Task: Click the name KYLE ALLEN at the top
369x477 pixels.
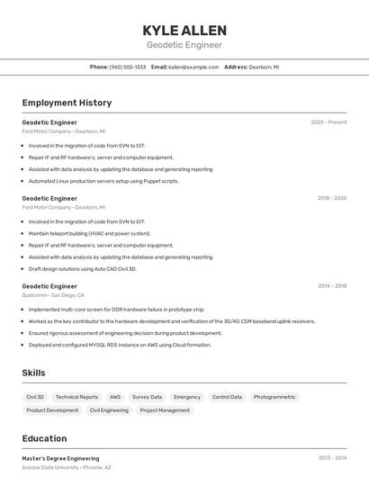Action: [184, 31]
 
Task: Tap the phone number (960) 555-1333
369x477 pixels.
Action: [128, 67]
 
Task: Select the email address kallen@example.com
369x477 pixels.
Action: [193, 67]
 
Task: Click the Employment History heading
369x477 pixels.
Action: [67, 103]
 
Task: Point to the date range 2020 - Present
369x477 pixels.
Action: [328, 122]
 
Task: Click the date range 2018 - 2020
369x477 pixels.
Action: [331, 198]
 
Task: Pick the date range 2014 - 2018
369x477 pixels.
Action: [332, 286]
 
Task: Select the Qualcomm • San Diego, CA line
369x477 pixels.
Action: [53, 295]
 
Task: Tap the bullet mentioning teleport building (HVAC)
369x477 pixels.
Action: [89, 233]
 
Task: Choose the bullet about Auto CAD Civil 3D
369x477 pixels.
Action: [82, 268]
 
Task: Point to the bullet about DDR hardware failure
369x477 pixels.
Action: [116, 309]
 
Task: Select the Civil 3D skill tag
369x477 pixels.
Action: [35, 397]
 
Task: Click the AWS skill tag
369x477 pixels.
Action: [115, 397]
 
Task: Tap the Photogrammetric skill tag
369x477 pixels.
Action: [274, 397]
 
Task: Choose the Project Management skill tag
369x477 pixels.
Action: [165, 410]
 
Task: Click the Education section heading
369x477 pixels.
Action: [45, 438]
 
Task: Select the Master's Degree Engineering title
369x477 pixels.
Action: [60, 458]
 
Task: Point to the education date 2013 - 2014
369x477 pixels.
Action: [332, 458]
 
